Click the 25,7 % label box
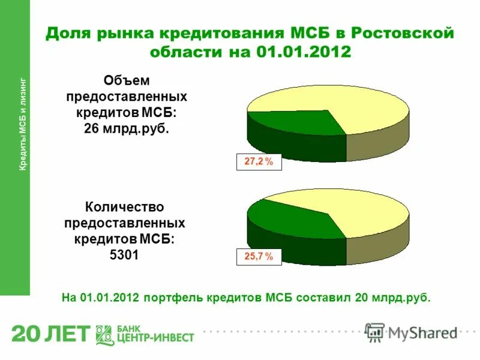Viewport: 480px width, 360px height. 259,257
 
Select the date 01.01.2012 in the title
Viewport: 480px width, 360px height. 304,52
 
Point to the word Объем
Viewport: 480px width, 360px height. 126,80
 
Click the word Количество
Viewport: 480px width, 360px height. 124,208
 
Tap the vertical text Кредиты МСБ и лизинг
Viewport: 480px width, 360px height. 23,124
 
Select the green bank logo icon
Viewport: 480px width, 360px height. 105,334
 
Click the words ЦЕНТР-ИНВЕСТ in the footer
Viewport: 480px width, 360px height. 155,338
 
